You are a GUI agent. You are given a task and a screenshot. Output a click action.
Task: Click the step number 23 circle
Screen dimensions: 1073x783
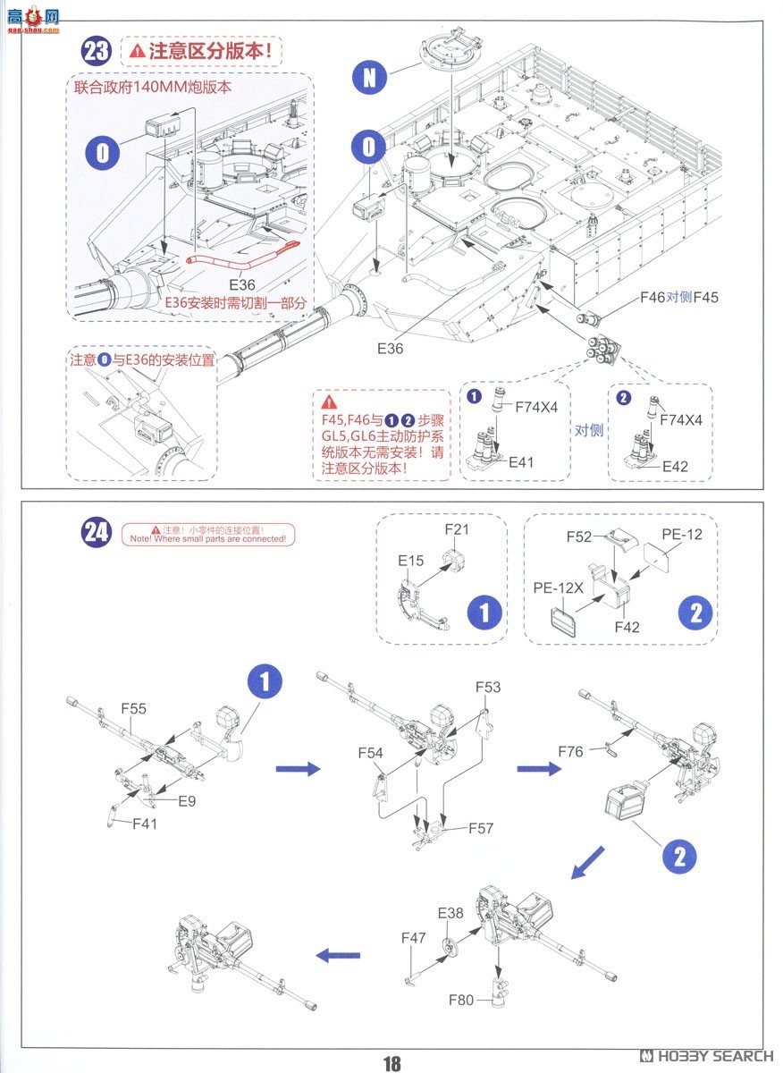click(96, 51)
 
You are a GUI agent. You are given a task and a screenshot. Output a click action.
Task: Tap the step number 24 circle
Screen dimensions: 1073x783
click(96, 533)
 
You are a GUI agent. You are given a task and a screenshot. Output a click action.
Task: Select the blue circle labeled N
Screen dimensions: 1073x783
click(370, 78)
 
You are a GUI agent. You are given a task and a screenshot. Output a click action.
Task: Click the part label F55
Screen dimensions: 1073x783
click(134, 708)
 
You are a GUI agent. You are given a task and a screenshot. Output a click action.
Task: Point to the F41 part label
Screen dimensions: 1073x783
click(144, 824)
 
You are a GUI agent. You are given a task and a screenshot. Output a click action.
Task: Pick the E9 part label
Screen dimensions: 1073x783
click(186, 801)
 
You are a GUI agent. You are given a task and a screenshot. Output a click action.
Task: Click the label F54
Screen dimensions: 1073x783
click(371, 754)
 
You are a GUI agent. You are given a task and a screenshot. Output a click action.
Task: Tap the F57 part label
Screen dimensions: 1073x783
click(481, 829)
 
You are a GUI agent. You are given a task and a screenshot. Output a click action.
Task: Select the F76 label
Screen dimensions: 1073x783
click(570, 752)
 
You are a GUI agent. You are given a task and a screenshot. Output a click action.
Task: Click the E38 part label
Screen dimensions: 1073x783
click(450, 913)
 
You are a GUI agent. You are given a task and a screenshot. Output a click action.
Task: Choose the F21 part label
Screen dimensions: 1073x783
click(458, 530)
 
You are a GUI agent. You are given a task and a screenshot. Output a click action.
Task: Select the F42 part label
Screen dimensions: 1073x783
click(627, 628)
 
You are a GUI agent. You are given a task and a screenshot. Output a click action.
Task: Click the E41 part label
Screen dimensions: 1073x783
click(521, 462)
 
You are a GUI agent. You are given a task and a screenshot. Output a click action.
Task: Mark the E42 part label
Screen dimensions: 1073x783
click(675, 466)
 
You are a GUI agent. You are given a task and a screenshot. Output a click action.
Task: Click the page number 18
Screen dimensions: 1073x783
click(391, 1062)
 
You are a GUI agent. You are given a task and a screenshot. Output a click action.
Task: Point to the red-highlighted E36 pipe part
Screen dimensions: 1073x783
click(241, 258)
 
